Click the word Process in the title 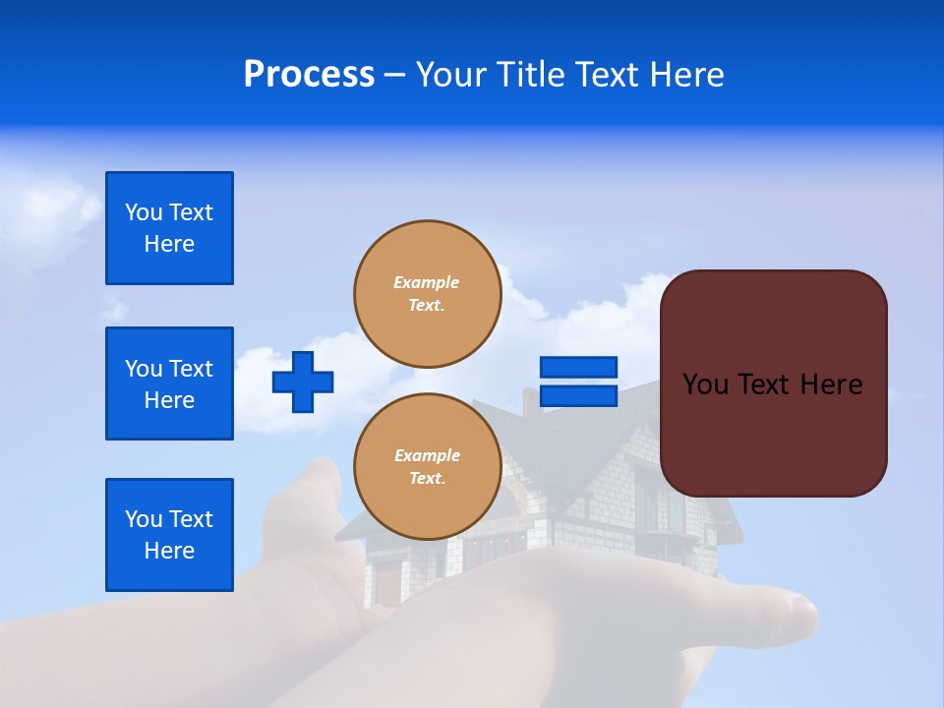coord(309,75)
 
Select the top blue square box coord(169,228)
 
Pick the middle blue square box coord(169,383)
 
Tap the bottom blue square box coord(169,535)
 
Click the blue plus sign coord(303,382)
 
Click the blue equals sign coord(578,382)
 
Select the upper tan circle coord(427,294)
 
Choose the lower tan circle coord(427,467)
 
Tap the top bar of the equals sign coord(578,367)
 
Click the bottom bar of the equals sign coord(578,396)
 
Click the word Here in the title coord(687,75)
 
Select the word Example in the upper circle coord(427,282)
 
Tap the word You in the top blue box coord(144,212)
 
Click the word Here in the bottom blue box coord(169,551)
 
